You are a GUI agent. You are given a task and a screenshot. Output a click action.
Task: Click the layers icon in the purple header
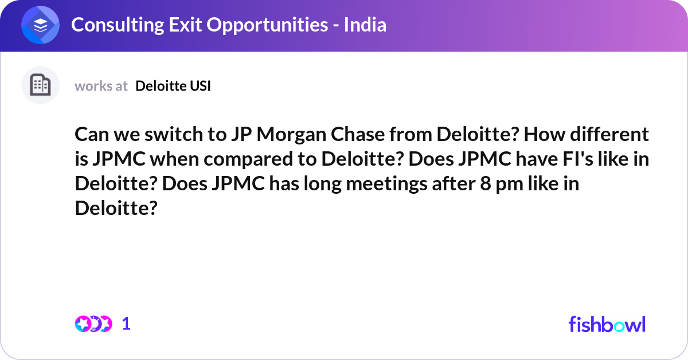pyautogui.click(x=41, y=25)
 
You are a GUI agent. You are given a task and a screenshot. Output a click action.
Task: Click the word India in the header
pyautogui.click(x=365, y=25)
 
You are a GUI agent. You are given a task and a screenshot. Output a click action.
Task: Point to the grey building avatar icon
pyautogui.click(x=41, y=85)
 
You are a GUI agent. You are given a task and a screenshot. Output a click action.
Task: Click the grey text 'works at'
pyautogui.click(x=101, y=86)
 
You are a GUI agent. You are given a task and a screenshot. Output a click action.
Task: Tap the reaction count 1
pyautogui.click(x=127, y=324)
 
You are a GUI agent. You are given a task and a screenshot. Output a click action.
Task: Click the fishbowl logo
pyautogui.click(x=607, y=324)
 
